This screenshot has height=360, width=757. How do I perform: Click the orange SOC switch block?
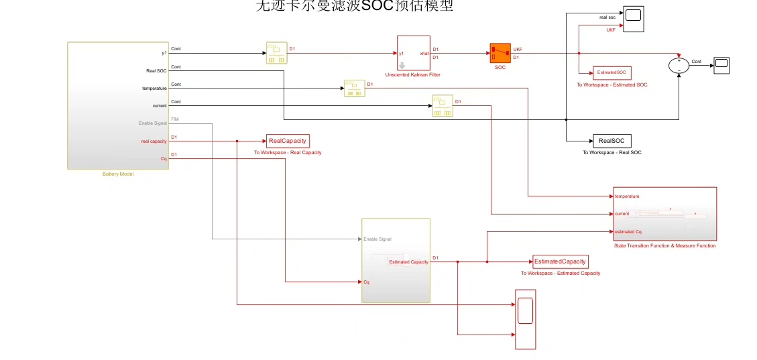[x=500, y=54]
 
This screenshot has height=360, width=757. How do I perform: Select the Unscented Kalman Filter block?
[x=413, y=53]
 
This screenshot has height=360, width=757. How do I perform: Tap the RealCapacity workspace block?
[x=288, y=141]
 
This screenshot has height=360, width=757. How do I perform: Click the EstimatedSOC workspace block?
[x=612, y=72]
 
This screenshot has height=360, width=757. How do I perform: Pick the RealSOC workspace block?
[x=612, y=141]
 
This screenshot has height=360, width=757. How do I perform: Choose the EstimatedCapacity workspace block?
[x=560, y=261]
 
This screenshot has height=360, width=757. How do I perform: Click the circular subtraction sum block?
[x=679, y=64]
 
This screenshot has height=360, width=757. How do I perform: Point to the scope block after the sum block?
[x=721, y=64]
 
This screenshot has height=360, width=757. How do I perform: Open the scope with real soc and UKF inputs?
[x=633, y=19]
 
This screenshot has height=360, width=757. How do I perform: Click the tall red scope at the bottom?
[x=525, y=319]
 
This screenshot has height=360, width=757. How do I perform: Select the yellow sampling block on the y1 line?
[x=276, y=53]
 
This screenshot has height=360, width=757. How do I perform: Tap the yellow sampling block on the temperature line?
[x=354, y=88]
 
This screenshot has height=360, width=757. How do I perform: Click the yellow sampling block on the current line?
[x=442, y=105]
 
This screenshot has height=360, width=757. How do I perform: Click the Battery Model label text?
[x=118, y=174]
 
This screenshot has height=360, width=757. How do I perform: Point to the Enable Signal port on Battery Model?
[x=152, y=123]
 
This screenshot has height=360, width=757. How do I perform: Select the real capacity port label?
[x=154, y=141]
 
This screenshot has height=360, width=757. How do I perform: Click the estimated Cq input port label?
[x=628, y=232]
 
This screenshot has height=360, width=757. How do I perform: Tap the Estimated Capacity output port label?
[x=408, y=261]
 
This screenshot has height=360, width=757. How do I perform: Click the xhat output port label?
[x=424, y=53]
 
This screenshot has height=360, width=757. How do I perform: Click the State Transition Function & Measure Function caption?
[x=664, y=246]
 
